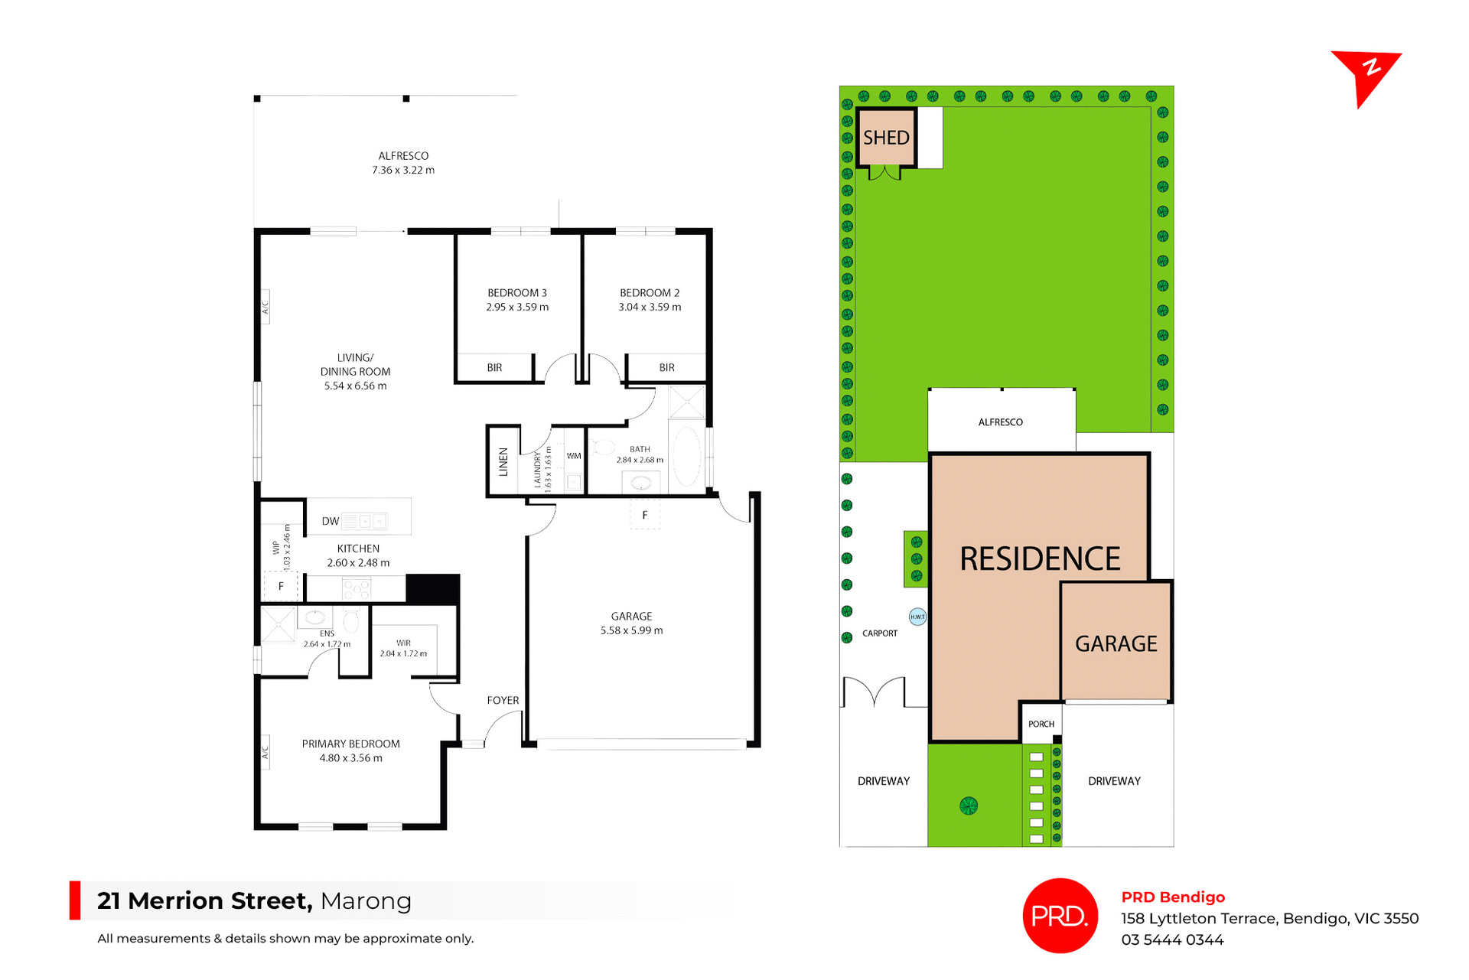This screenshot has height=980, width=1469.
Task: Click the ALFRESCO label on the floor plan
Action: point(403,156)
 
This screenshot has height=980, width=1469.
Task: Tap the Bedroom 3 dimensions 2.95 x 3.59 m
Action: point(517,308)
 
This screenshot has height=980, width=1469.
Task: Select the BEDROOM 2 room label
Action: point(650,293)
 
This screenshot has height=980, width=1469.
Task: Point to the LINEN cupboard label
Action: point(503,462)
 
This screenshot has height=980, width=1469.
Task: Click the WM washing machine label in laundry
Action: point(574,456)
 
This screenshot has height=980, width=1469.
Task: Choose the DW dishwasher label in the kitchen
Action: point(331,522)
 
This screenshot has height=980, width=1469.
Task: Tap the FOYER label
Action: point(503,701)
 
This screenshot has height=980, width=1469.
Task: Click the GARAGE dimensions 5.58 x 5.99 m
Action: point(631,631)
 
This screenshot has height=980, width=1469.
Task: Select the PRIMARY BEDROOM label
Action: point(350,744)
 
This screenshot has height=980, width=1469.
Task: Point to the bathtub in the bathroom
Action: point(686,457)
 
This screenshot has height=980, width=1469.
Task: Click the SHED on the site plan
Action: point(886,138)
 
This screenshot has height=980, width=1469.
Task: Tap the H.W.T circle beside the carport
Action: point(917,617)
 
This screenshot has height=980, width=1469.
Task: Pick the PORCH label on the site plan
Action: point(1041,724)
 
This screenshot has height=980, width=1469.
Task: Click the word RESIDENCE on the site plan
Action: point(1040,559)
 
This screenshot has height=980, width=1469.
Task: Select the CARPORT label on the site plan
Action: point(880,633)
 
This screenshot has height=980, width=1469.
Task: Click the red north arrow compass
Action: point(1366,74)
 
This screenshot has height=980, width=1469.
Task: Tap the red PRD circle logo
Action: point(1060,916)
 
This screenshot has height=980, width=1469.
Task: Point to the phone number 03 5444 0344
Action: point(1172,940)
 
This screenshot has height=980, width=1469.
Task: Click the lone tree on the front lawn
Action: point(969,806)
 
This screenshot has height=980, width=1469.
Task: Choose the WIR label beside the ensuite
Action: point(404,643)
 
